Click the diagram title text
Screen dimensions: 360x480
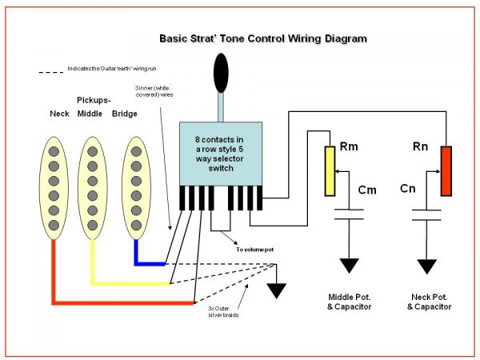pyautogui.click(x=263, y=38)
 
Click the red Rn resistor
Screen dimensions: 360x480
pyautogui.click(x=446, y=170)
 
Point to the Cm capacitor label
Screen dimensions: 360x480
pyautogui.click(x=367, y=190)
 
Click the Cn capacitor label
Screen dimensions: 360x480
pyautogui.click(x=407, y=190)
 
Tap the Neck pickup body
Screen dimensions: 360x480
pyautogui.click(x=54, y=188)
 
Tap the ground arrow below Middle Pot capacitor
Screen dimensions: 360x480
pyautogui.click(x=351, y=266)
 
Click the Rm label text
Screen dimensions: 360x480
pyautogui.click(x=349, y=147)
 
